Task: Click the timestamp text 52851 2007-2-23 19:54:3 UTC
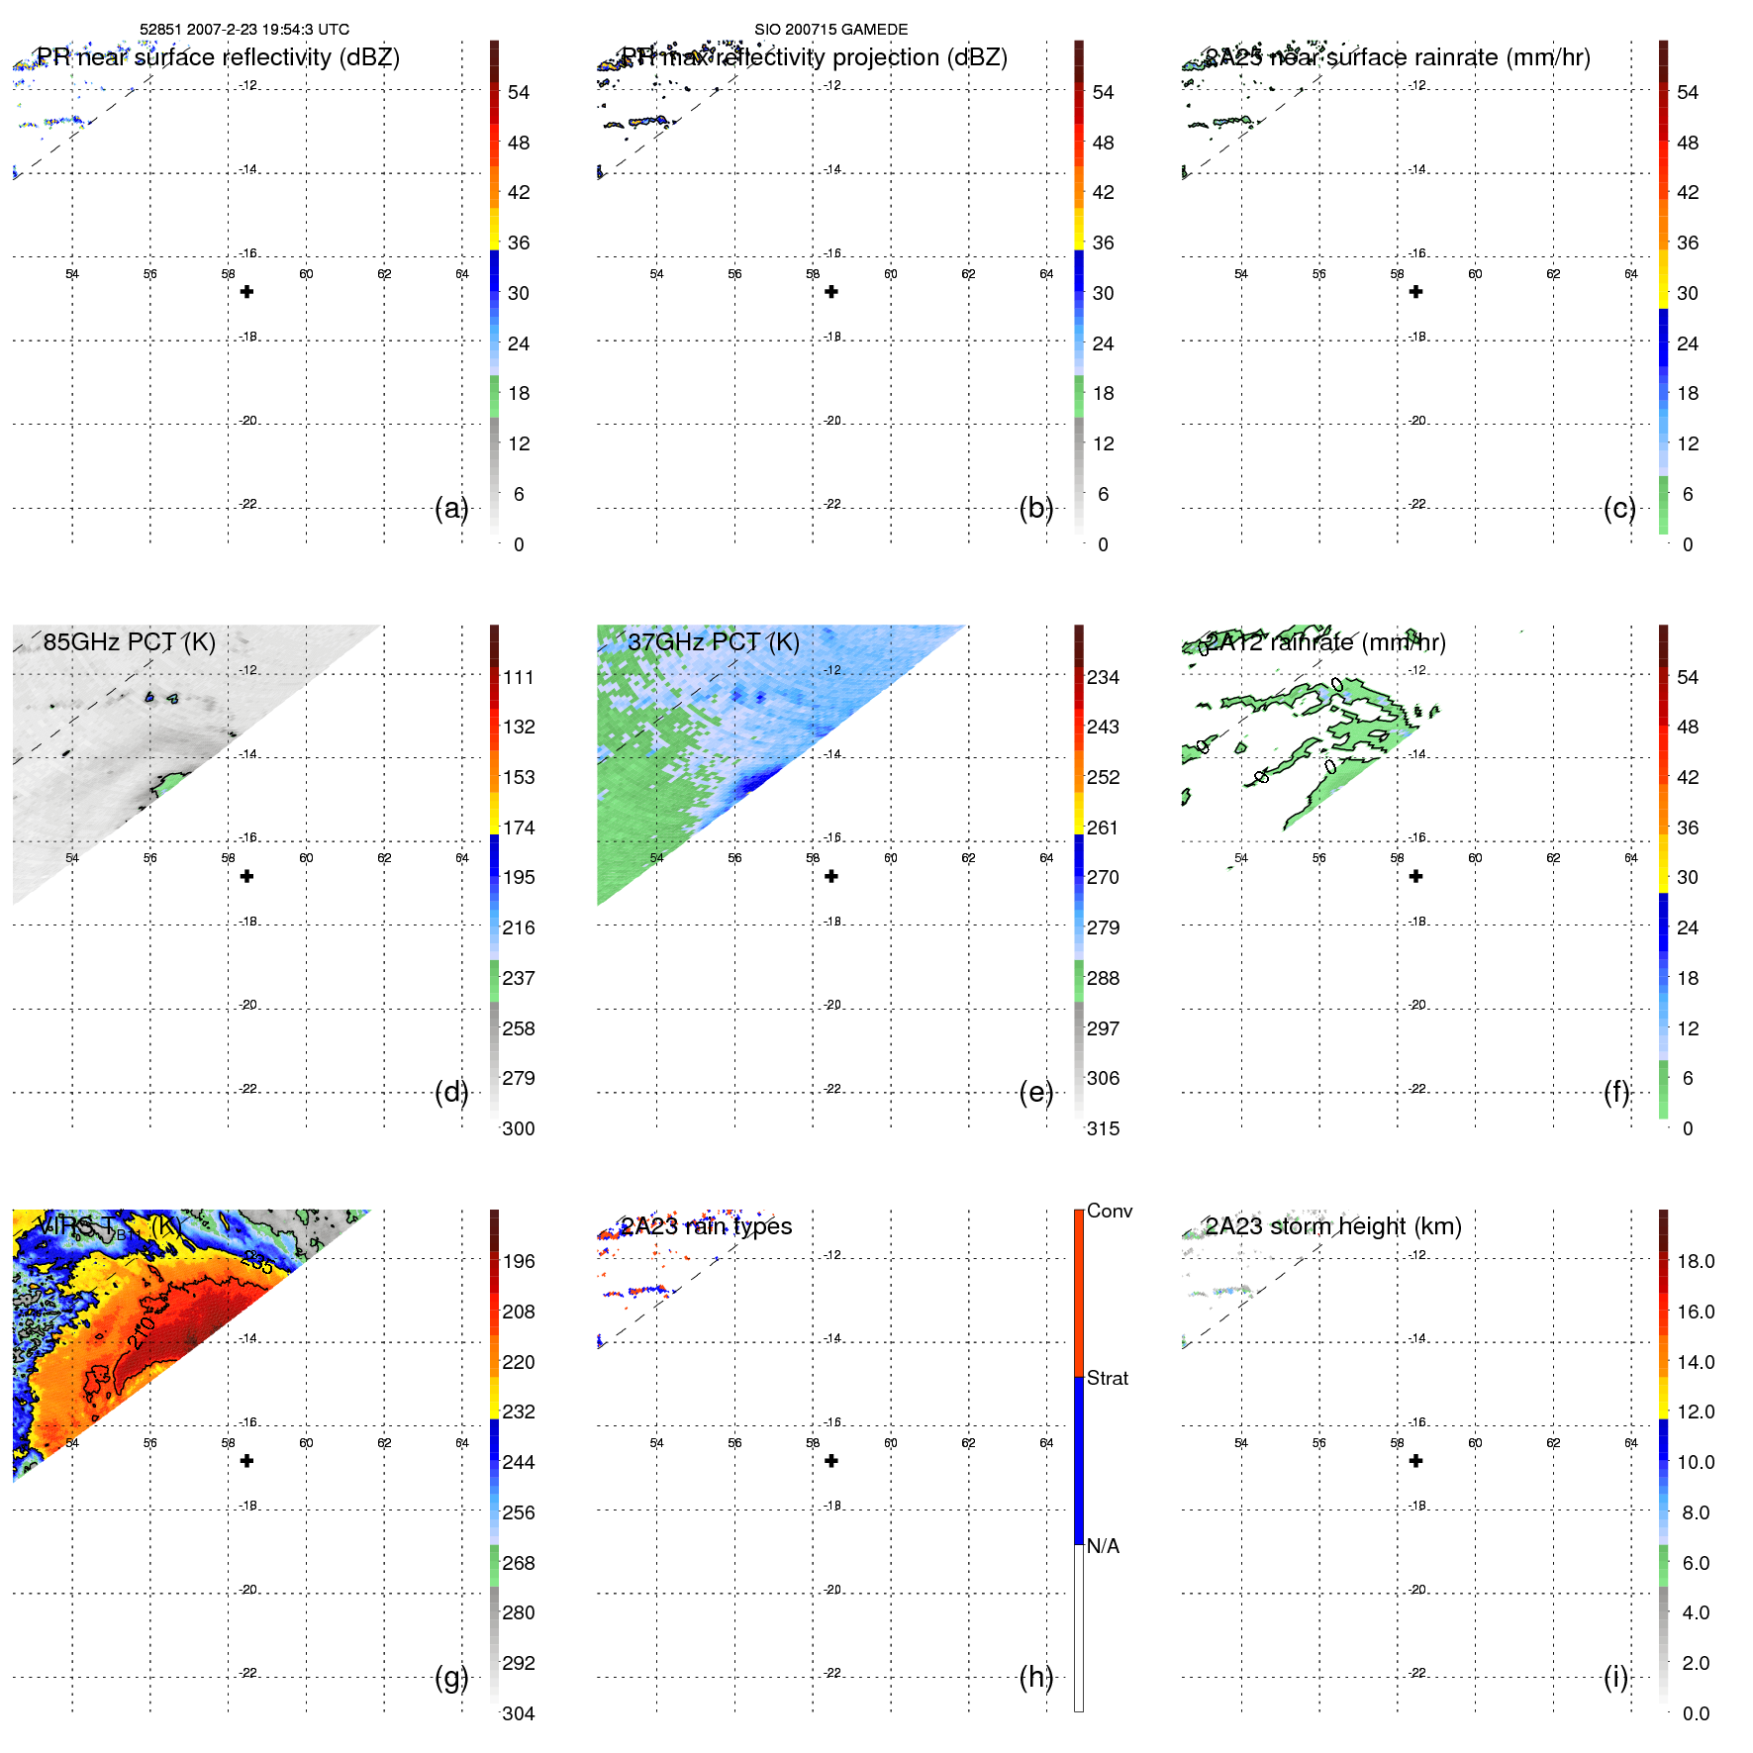click(x=243, y=30)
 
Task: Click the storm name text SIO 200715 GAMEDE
click(x=830, y=30)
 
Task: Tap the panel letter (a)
click(x=450, y=508)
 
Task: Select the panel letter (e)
click(x=1035, y=1092)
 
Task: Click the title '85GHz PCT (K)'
click(x=129, y=641)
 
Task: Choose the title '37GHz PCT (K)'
click(x=713, y=641)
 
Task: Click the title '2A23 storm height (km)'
click(x=1332, y=1225)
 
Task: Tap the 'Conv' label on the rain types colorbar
click(x=1109, y=1211)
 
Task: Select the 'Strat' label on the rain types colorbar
click(x=1107, y=1378)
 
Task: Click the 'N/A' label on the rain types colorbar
click(x=1103, y=1546)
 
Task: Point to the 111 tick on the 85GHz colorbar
click(x=518, y=677)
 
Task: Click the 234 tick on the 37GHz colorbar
click(x=1103, y=677)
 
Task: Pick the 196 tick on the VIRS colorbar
click(x=518, y=1261)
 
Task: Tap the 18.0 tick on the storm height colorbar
click(x=1695, y=1261)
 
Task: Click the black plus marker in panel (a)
click(x=246, y=292)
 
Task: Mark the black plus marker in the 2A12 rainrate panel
click(x=1415, y=876)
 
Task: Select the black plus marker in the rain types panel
click(x=831, y=1461)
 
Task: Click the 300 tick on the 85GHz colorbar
click(x=518, y=1128)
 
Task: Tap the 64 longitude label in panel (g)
click(x=462, y=1443)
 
